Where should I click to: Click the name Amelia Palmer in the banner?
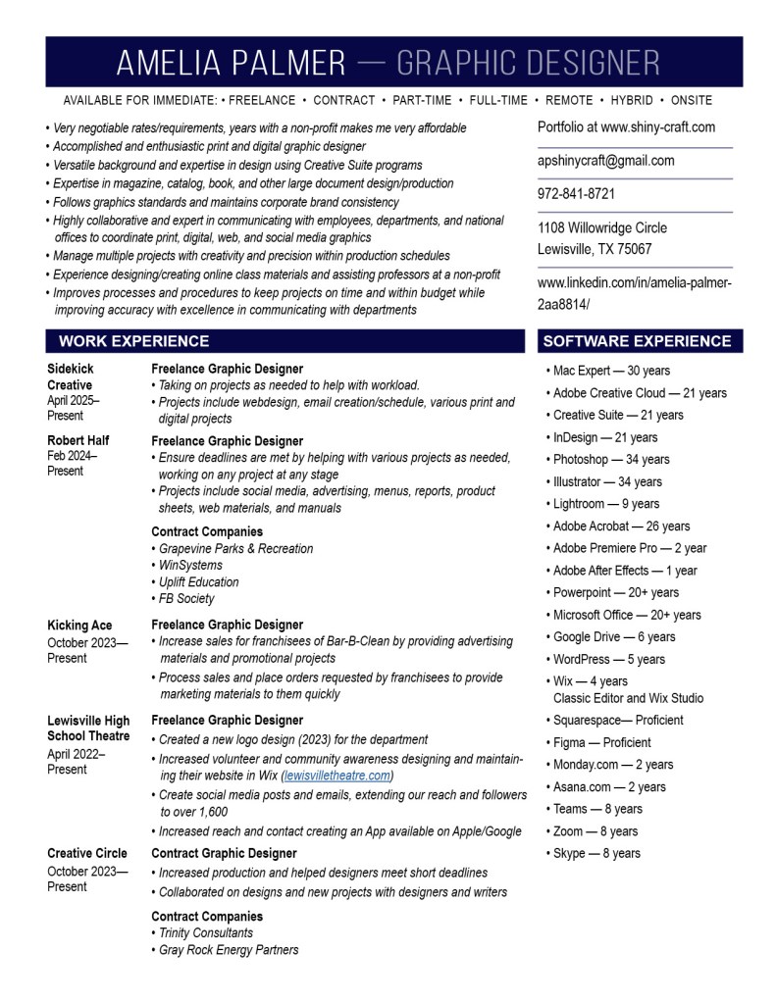pos(231,63)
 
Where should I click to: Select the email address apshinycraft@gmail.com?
pos(605,161)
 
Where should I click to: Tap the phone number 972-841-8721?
pos(576,194)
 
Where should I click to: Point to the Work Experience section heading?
pos(133,341)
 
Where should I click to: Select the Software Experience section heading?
pos(637,341)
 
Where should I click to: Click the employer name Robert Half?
pos(78,440)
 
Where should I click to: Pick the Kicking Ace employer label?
pos(79,626)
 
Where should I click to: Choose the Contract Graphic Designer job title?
pos(224,853)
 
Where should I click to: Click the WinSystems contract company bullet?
pos(190,565)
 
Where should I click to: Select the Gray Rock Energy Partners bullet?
pos(229,949)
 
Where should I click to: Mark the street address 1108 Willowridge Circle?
pos(601,228)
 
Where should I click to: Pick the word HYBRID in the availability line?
pos(631,100)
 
